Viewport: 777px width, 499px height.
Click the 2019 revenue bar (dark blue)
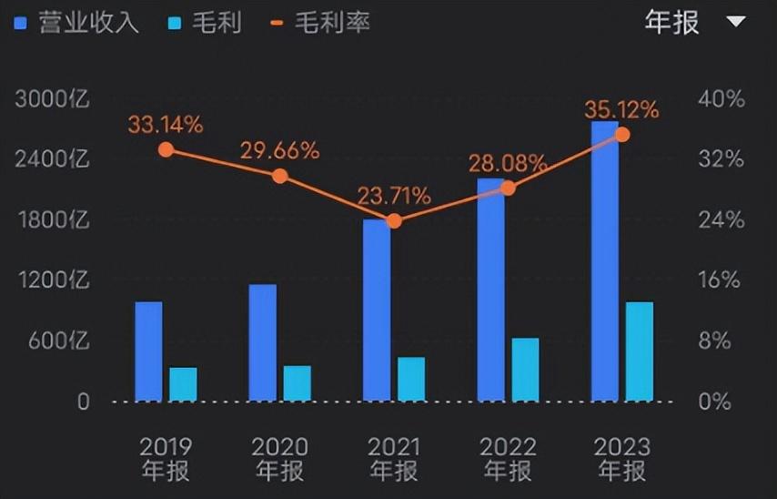click(x=148, y=351)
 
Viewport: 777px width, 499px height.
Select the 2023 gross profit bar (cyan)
click(x=639, y=351)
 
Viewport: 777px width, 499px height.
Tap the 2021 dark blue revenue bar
click(x=376, y=310)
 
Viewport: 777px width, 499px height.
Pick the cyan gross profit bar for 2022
click(x=525, y=369)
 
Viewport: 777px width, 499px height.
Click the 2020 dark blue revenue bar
click(x=262, y=342)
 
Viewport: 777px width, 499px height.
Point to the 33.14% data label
click(x=165, y=125)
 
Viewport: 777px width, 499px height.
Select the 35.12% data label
click(x=621, y=110)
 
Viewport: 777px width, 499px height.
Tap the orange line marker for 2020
click(x=280, y=176)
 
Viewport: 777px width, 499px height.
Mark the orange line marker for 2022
click(x=508, y=188)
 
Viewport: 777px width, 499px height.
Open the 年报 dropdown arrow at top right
click(x=735, y=22)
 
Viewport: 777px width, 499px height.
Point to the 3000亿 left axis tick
click(x=53, y=99)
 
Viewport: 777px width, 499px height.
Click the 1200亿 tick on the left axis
click(x=53, y=280)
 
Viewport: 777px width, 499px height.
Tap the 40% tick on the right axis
click(x=720, y=99)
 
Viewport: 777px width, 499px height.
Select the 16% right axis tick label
click(x=720, y=280)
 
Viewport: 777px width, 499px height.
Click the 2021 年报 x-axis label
click(x=394, y=459)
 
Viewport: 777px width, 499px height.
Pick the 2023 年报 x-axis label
click(x=621, y=459)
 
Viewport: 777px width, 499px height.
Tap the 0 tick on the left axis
click(x=83, y=402)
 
